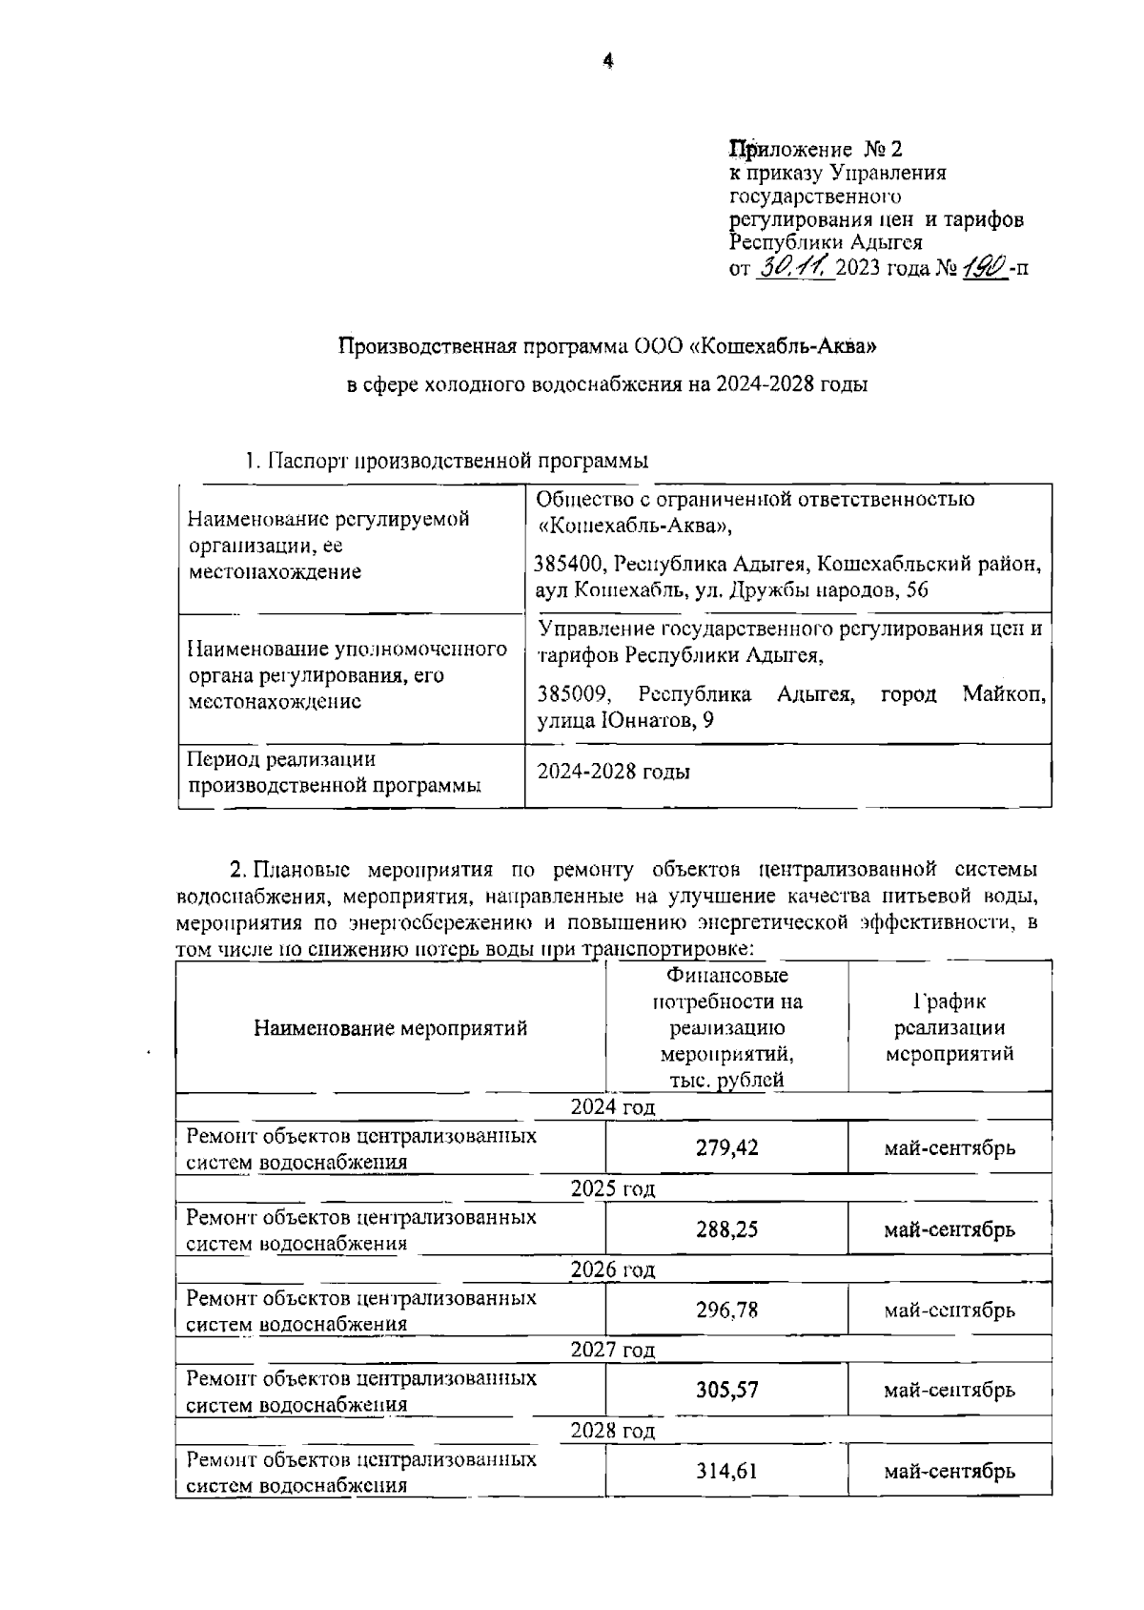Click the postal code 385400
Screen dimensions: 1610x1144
(x=569, y=564)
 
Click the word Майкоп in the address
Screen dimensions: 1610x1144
(x=1004, y=693)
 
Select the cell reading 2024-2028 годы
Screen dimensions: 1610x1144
(x=614, y=772)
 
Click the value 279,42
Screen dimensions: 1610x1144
(x=726, y=1147)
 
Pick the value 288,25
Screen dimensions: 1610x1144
(x=726, y=1229)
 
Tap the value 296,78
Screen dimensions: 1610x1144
(x=726, y=1311)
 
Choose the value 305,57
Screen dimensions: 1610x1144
(x=726, y=1391)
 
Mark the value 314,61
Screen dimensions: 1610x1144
(x=726, y=1472)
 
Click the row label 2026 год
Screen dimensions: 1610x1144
(x=613, y=1269)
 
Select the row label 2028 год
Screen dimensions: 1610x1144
(x=613, y=1431)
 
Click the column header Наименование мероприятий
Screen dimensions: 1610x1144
(x=390, y=1028)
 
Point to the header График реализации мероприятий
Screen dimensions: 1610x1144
(x=950, y=1028)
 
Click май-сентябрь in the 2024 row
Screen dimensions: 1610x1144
(x=950, y=1147)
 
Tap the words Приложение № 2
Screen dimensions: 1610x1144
(x=815, y=149)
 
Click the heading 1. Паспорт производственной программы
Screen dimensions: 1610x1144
(x=445, y=461)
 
